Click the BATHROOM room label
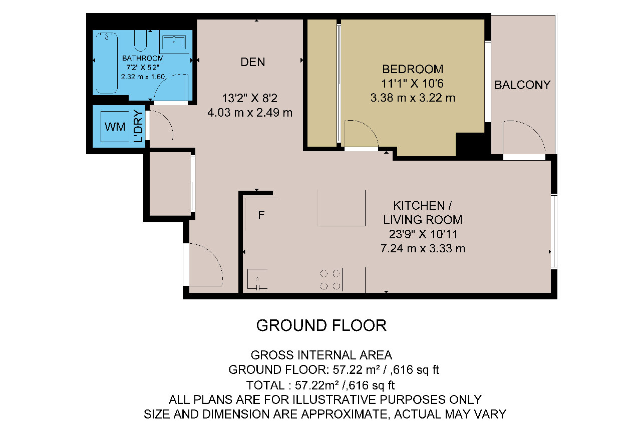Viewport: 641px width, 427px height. click(143, 58)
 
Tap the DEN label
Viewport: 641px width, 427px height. click(253, 62)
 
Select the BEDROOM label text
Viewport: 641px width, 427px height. click(413, 69)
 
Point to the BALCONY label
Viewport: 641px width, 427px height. click(522, 85)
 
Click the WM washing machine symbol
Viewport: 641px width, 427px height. click(115, 127)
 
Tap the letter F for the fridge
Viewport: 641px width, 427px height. click(261, 215)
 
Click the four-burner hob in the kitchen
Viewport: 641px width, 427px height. click(330, 280)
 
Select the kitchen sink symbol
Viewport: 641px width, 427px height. click(257, 279)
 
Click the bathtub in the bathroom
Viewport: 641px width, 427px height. click(107, 63)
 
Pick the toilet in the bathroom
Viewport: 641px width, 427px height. click(140, 41)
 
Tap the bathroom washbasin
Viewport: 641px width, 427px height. click(174, 45)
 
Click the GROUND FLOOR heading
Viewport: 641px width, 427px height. click(321, 325)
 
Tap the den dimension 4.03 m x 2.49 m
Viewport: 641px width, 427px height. click(250, 113)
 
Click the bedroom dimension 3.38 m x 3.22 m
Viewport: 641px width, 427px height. click(413, 98)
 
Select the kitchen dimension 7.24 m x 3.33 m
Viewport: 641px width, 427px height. click(423, 248)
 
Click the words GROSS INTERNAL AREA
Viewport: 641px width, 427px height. click(321, 355)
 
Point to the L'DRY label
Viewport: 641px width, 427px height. click(138, 127)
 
